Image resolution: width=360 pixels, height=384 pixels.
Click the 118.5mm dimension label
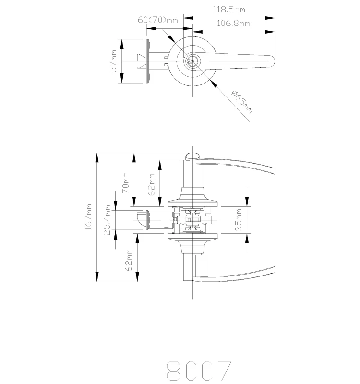coord(229,10)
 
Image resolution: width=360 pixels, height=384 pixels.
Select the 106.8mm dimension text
coord(234,23)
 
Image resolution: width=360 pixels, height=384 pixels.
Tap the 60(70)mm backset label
coord(158,20)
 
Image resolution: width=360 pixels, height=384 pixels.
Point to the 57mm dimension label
coord(113,61)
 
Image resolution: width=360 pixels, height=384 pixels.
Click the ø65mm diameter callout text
coord(242,102)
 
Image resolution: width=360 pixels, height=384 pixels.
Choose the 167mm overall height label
coord(88,217)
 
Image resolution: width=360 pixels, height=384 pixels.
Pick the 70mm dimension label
coord(125,182)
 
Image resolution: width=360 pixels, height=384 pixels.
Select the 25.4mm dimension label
coord(107,220)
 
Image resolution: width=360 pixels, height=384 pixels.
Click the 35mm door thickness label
coord(238,220)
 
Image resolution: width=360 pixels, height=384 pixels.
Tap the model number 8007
coord(199,370)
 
